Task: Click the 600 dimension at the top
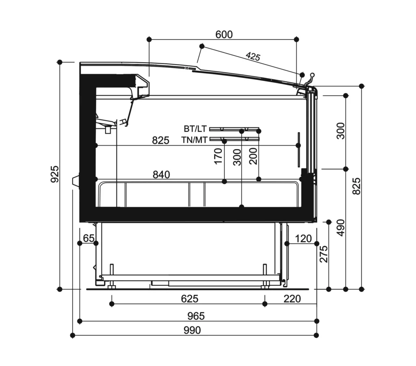(224, 35)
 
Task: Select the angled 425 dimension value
(253, 57)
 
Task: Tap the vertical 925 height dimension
(55, 174)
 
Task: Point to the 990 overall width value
(192, 330)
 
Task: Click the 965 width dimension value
(196, 316)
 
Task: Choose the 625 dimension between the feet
(189, 299)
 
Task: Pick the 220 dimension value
(292, 299)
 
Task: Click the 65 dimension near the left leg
(89, 238)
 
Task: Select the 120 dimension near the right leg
(303, 239)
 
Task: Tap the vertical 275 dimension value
(324, 254)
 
